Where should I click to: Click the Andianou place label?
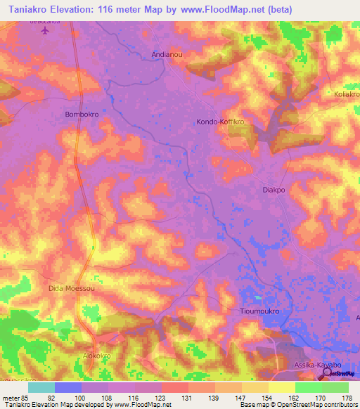[167, 53]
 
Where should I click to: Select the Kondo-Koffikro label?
[220, 122]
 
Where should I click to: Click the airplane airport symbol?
[46, 32]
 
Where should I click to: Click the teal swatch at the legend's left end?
[41, 387]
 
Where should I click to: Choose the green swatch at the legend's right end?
[335, 387]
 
